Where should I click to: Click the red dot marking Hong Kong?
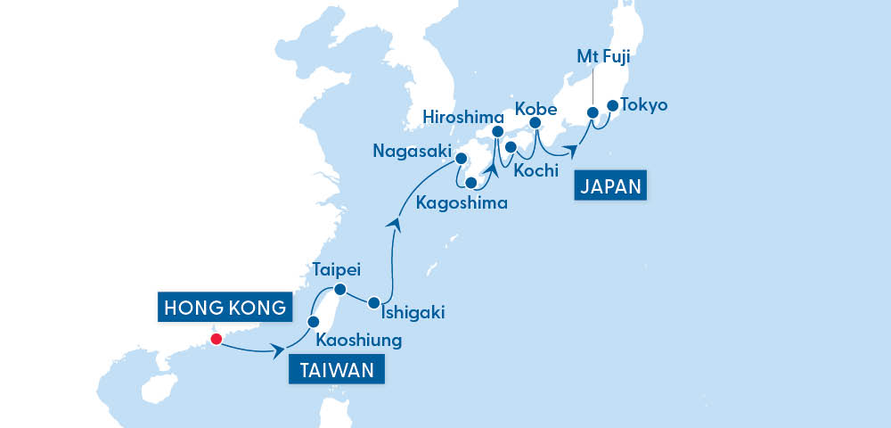coord(215,339)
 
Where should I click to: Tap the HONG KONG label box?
coord(224,309)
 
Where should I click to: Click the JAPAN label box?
coord(610,186)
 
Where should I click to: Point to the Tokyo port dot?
coord(613,106)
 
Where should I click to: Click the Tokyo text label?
coord(644,105)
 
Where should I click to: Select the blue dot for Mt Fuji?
coord(592,113)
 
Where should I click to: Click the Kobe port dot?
coord(535,123)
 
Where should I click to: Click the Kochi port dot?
coord(511,147)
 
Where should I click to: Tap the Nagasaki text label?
coord(413,152)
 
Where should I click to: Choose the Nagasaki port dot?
coord(462,160)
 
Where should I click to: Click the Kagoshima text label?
coord(462,203)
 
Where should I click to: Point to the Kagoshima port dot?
coord(470,182)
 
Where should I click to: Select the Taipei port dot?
coord(339,289)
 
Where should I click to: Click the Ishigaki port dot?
coord(374,302)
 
